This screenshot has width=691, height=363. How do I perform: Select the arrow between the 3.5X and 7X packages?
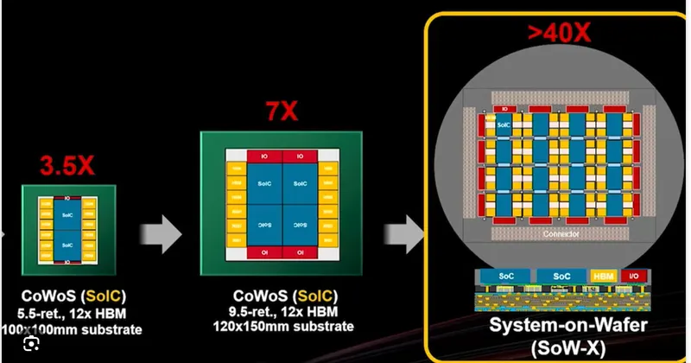pos(160,231)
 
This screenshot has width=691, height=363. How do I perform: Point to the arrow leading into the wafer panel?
pos(403,231)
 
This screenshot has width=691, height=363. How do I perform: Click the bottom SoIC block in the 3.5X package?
pos(65,245)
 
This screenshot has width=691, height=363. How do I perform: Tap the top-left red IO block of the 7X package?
pos(263,157)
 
